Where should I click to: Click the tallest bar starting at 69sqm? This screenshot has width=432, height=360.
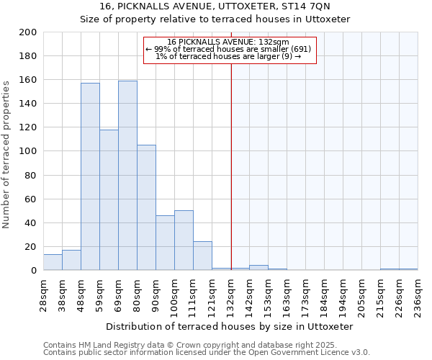tap(127, 176)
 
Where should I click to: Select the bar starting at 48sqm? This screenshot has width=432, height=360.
tap(90, 176)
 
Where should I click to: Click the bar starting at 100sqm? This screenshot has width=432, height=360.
tap(184, 240)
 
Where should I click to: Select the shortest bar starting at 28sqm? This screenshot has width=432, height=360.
tap(53, 263)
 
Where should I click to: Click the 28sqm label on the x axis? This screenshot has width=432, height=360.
tap(44, 292)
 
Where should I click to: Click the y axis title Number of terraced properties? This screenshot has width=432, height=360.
tap(6, 154)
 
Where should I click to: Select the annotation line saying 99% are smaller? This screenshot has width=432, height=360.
tap(228, 49)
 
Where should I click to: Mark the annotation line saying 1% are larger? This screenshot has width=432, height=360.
tap(228, 56)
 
